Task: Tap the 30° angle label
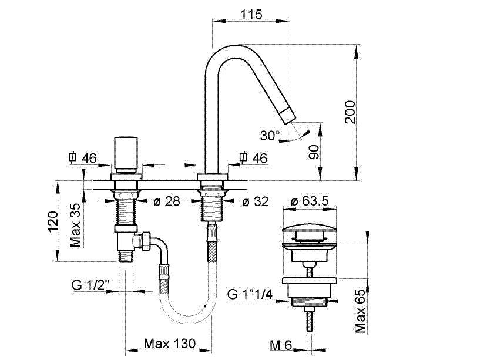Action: click(x=270, y=136)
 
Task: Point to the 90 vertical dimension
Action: click(x=314, y=153)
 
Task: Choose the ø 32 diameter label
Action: click(x=254, y=202)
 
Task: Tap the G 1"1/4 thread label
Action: click(x=253, y=294)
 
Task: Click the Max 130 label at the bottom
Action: click(x=170, y=343)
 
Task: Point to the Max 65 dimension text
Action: click(x=360, y=311)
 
